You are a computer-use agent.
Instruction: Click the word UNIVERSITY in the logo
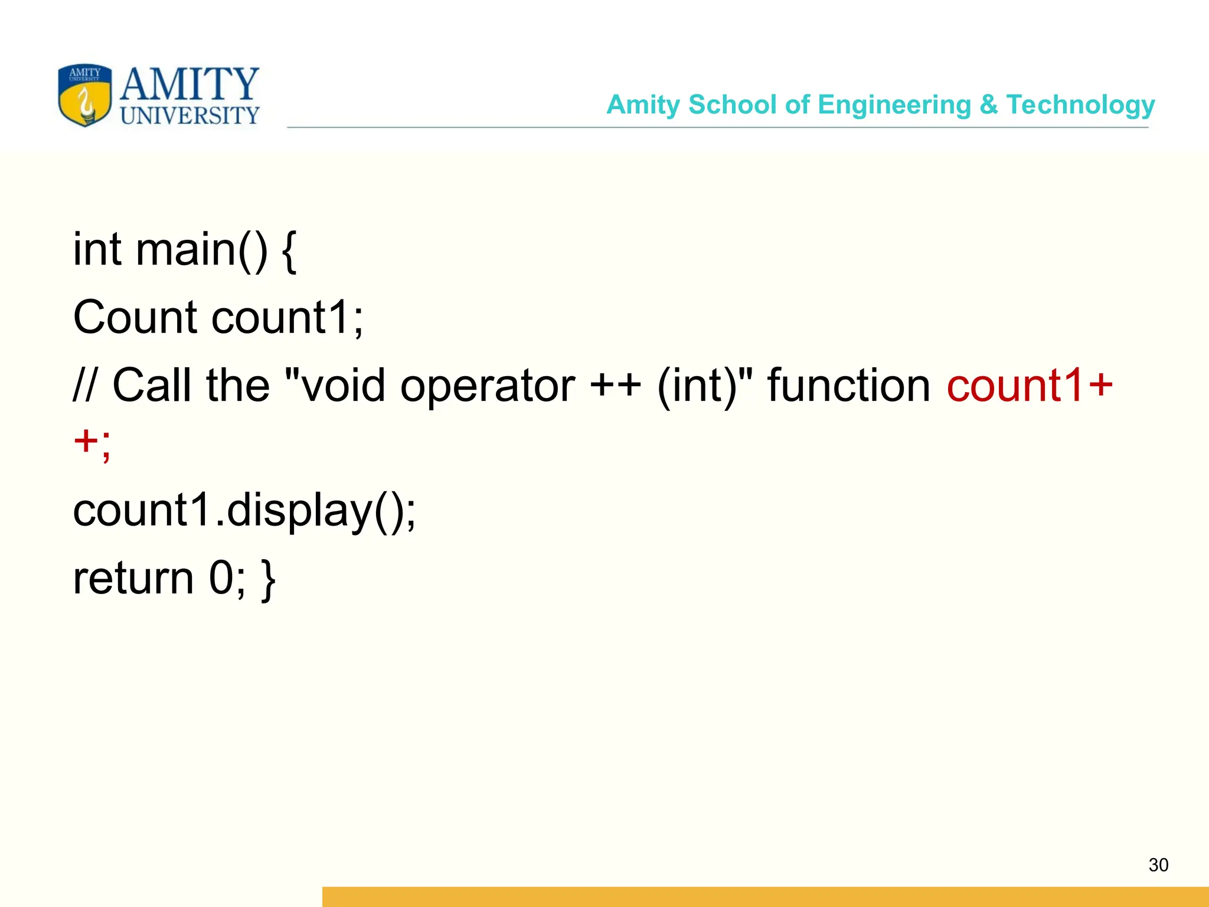(x=189, y=115)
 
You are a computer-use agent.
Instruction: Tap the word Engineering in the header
(x=894, y=105)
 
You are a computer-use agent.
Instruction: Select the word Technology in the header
(x=1080, y=105)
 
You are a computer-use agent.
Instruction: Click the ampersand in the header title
(x=988, y=105)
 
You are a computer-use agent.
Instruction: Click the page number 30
(x=1158, y=865)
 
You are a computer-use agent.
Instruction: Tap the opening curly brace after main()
(x=289, y=252)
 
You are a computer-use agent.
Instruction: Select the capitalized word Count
(x=135, y=318)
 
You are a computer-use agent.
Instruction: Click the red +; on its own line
(x=92, y=443)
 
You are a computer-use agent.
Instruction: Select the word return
(x=133, y=579)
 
